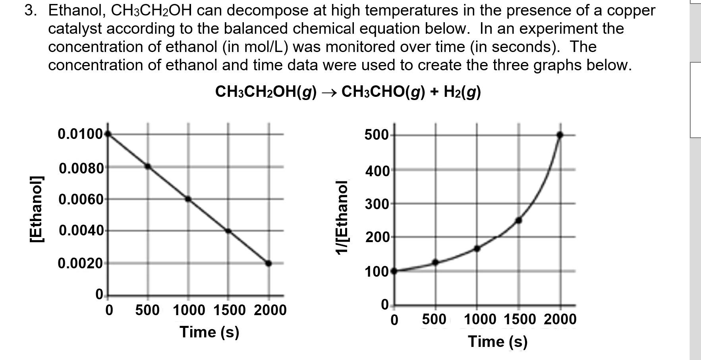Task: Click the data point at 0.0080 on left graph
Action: (x=148, y=166)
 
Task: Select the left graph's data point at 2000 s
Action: (x=268, y=263)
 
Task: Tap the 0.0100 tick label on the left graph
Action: (x=81, y=134)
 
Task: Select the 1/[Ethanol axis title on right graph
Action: (x=342, y=218)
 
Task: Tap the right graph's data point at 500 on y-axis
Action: (x=560, y=135)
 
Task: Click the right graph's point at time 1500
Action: (x=518, y=220)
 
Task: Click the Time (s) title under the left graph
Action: (x=209, y=332)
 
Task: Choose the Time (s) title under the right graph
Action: (x=498, y=342)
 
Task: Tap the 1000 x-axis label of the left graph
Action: (x=189, y=310)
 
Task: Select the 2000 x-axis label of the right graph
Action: (x=560, y=320)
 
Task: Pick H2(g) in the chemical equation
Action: (x=462, y=92)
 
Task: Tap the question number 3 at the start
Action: (x=29, y=11)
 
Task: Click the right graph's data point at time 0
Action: (x=394, y=271)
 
